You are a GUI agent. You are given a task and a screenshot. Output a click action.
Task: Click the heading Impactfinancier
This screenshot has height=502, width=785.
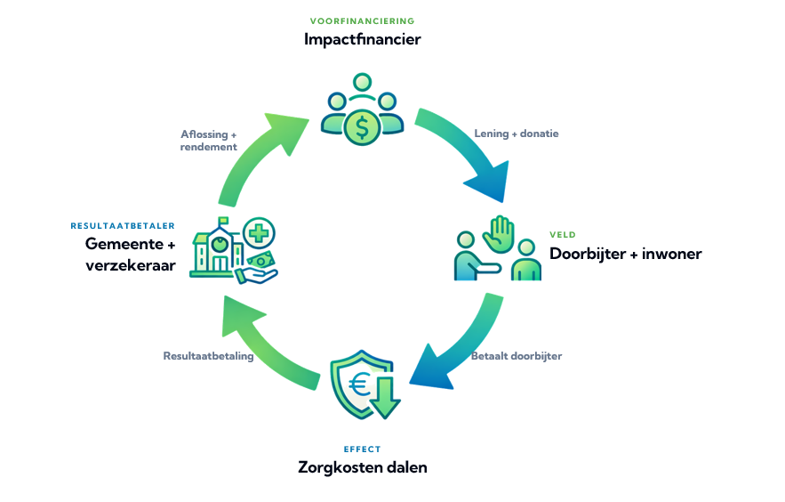pos(362,39)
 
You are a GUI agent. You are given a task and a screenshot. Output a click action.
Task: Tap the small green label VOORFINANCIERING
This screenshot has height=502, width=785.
pos(362,21)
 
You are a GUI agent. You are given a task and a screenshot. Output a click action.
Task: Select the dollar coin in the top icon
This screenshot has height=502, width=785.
pos(362,127)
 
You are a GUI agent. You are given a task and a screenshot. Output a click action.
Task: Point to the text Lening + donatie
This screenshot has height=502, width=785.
pos(517,134)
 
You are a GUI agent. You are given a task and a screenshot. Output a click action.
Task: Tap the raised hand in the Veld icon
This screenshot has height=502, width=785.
pos(499,233)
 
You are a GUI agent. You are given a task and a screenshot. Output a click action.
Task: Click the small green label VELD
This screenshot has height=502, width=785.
pos(563,234)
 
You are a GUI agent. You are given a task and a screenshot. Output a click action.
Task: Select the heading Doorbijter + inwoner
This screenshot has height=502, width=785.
pos(625,254)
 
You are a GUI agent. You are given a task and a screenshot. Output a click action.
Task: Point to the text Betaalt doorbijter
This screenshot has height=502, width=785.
pos(517,356)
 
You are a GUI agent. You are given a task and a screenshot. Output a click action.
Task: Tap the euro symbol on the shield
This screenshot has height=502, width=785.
pos(359,385)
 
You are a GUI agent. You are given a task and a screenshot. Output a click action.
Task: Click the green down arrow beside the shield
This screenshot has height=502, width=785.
pos(384,398)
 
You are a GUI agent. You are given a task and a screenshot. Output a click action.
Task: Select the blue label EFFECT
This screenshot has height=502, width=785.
pos(362,449)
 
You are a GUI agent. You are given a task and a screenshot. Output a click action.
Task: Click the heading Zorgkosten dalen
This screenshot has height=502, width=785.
pos(363,467)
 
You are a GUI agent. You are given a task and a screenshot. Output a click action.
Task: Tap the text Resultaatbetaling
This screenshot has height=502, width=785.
pos(208,356)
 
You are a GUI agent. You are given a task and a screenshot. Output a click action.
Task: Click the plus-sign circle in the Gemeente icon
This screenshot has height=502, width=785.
pos(259,234)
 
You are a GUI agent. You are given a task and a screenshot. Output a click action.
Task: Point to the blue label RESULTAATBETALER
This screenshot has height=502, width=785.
pos(123,226)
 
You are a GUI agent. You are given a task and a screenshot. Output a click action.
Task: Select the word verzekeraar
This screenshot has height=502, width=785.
pos(131,265)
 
